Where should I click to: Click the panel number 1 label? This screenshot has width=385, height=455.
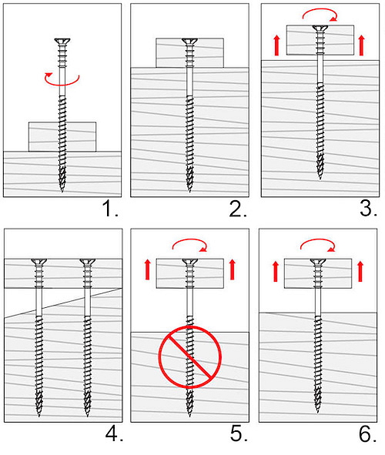pos(110,209)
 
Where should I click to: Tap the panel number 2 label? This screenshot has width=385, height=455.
pos(238,209)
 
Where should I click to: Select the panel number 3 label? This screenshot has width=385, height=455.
pos(369,209)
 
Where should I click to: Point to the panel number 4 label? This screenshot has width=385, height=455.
pos(114,434)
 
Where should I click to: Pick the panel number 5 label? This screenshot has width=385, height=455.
pos(239,434)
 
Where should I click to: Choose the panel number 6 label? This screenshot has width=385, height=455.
pos(368,434)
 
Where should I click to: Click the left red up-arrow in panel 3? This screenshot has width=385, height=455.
pos(276,45)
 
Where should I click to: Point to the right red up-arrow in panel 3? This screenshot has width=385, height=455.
pos(361,45)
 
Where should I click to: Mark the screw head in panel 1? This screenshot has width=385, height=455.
pos(62,41)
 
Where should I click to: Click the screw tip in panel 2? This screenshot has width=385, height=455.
pos(189,191)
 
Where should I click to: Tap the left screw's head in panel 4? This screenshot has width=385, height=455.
pos(38,262)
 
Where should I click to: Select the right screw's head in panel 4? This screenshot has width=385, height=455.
pos(88,262)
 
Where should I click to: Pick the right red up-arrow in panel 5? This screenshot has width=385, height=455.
pos(232,269)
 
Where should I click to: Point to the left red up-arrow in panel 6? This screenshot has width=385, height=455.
pos(276,271)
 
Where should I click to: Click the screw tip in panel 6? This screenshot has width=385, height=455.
pos(318,412)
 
